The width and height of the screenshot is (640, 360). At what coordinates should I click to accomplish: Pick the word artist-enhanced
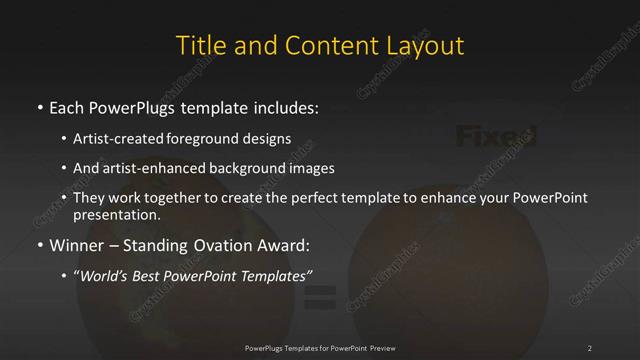point(155,168)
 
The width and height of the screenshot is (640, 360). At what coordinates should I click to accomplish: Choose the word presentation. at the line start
point(116,214)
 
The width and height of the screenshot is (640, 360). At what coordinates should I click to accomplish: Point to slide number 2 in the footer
point(590,347)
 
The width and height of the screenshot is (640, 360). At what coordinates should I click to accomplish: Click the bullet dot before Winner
point(39,245)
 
